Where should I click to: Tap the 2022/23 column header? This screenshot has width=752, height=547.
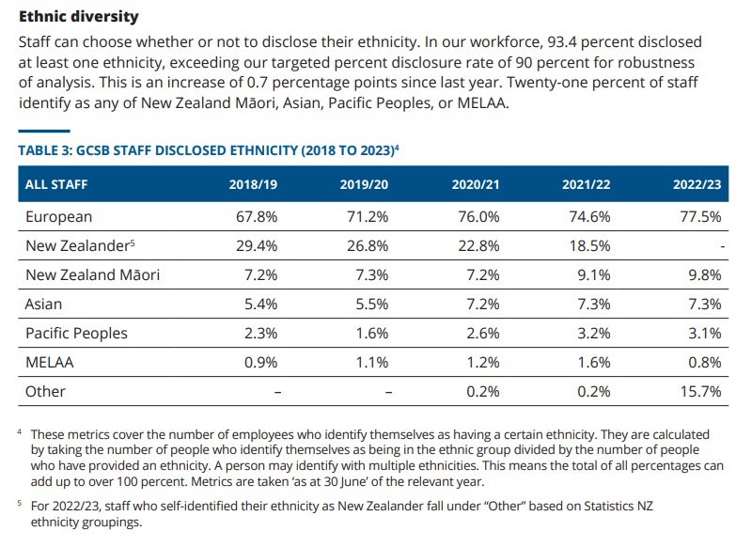tap(697, 184)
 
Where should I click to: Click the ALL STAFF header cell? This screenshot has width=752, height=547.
tap(55, 184)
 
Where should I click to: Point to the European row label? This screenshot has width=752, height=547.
tap(58, 217)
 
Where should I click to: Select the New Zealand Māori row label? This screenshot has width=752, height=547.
tap(92, 274)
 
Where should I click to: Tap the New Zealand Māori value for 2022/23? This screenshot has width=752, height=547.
tap(703, 274)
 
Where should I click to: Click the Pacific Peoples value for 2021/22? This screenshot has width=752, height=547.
tap(592, 333)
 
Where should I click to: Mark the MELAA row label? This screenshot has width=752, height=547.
tap(50, 362)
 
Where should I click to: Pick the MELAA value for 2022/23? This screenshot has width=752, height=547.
tap(703, 362)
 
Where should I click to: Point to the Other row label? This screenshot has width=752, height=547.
tap(45, 391)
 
